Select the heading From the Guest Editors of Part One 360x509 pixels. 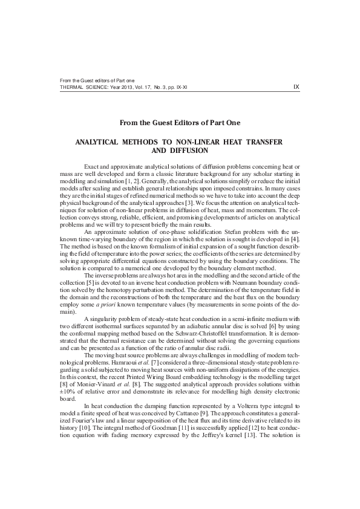(180, 123)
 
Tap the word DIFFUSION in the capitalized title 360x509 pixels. (190, 151)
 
